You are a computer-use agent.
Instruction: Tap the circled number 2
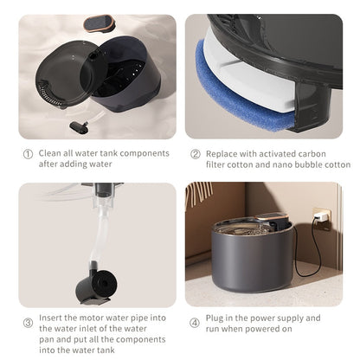[196, 154]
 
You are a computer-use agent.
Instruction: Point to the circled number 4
[196, 324]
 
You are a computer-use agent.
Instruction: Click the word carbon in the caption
[328, 154]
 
